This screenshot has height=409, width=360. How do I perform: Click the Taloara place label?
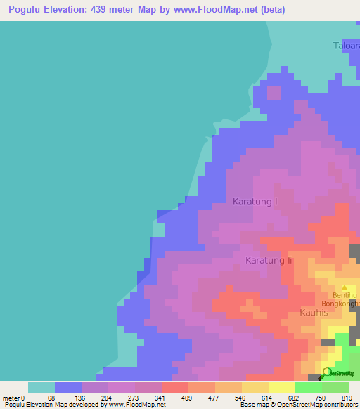346,46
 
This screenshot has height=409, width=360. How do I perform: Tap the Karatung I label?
255,202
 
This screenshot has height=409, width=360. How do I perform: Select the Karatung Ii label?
268,260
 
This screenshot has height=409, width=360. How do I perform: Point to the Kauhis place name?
314,312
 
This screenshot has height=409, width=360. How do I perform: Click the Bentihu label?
345,297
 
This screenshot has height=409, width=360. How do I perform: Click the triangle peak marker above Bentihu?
345,287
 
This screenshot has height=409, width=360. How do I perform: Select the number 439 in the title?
117,9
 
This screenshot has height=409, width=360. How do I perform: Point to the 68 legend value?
50,397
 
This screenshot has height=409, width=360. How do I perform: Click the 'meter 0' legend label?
14,397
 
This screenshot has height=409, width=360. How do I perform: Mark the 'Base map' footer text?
251,405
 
